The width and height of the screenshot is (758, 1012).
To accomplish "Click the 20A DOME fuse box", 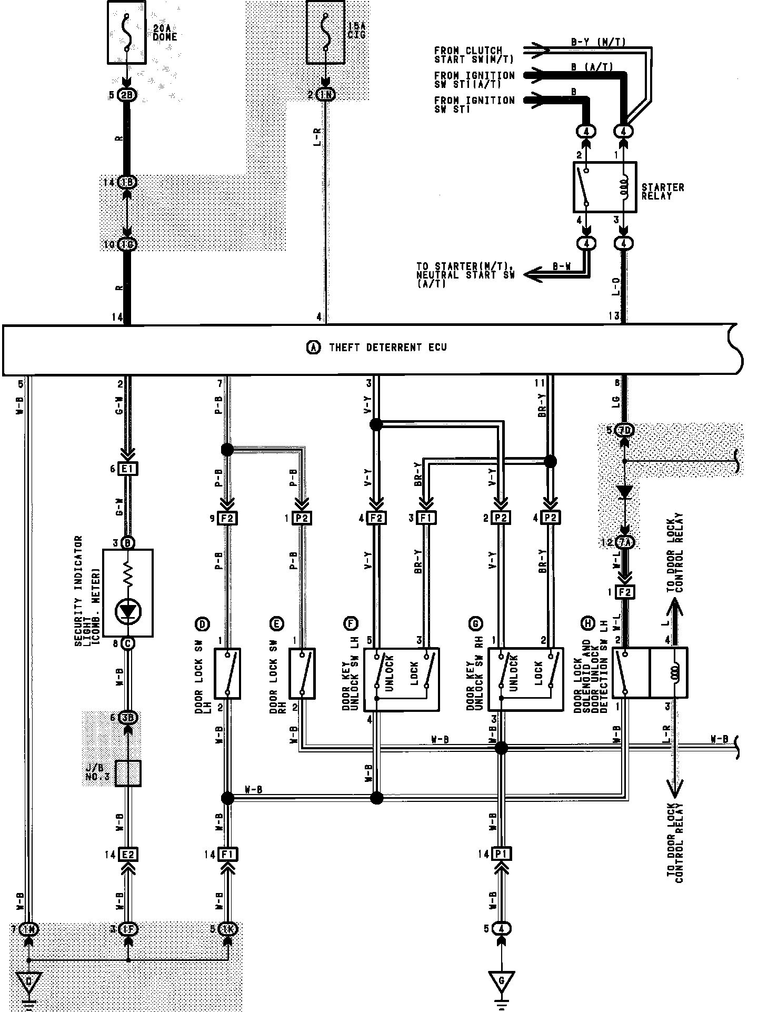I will pyautogui.click(x=127, y=32).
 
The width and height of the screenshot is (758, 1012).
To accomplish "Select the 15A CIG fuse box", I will pyautogui.click(x=326, y=32).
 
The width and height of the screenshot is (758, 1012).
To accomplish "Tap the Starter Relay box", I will pyautogui.click(x=604, y=187).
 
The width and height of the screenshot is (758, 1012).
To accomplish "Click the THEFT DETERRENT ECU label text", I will pyautogui.click(x=387, y=348).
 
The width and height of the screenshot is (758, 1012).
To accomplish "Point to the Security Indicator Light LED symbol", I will pyautogui.click(x=127, y=611).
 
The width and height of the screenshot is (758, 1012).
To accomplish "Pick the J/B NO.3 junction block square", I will pyautogui.click(x=128, y=773).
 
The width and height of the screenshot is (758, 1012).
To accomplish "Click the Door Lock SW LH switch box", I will pyautogui.click(x=227, y=673).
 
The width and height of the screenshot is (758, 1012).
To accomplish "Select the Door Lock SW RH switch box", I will pyautogui.click(x=302, y=673).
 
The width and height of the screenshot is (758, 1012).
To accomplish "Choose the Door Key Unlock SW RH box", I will pyautogui.click(x=526, y=679).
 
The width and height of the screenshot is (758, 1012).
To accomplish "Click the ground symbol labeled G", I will pyautogui.click(x=501, y=980).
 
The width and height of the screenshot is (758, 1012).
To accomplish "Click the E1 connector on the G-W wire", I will pyautogui.click(x=127, y=469).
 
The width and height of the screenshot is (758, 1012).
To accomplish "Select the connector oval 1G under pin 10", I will pyautogui.click(x=127, y=244).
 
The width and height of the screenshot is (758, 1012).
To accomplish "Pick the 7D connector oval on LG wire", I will pyautogui.click(x=624, y=430).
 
